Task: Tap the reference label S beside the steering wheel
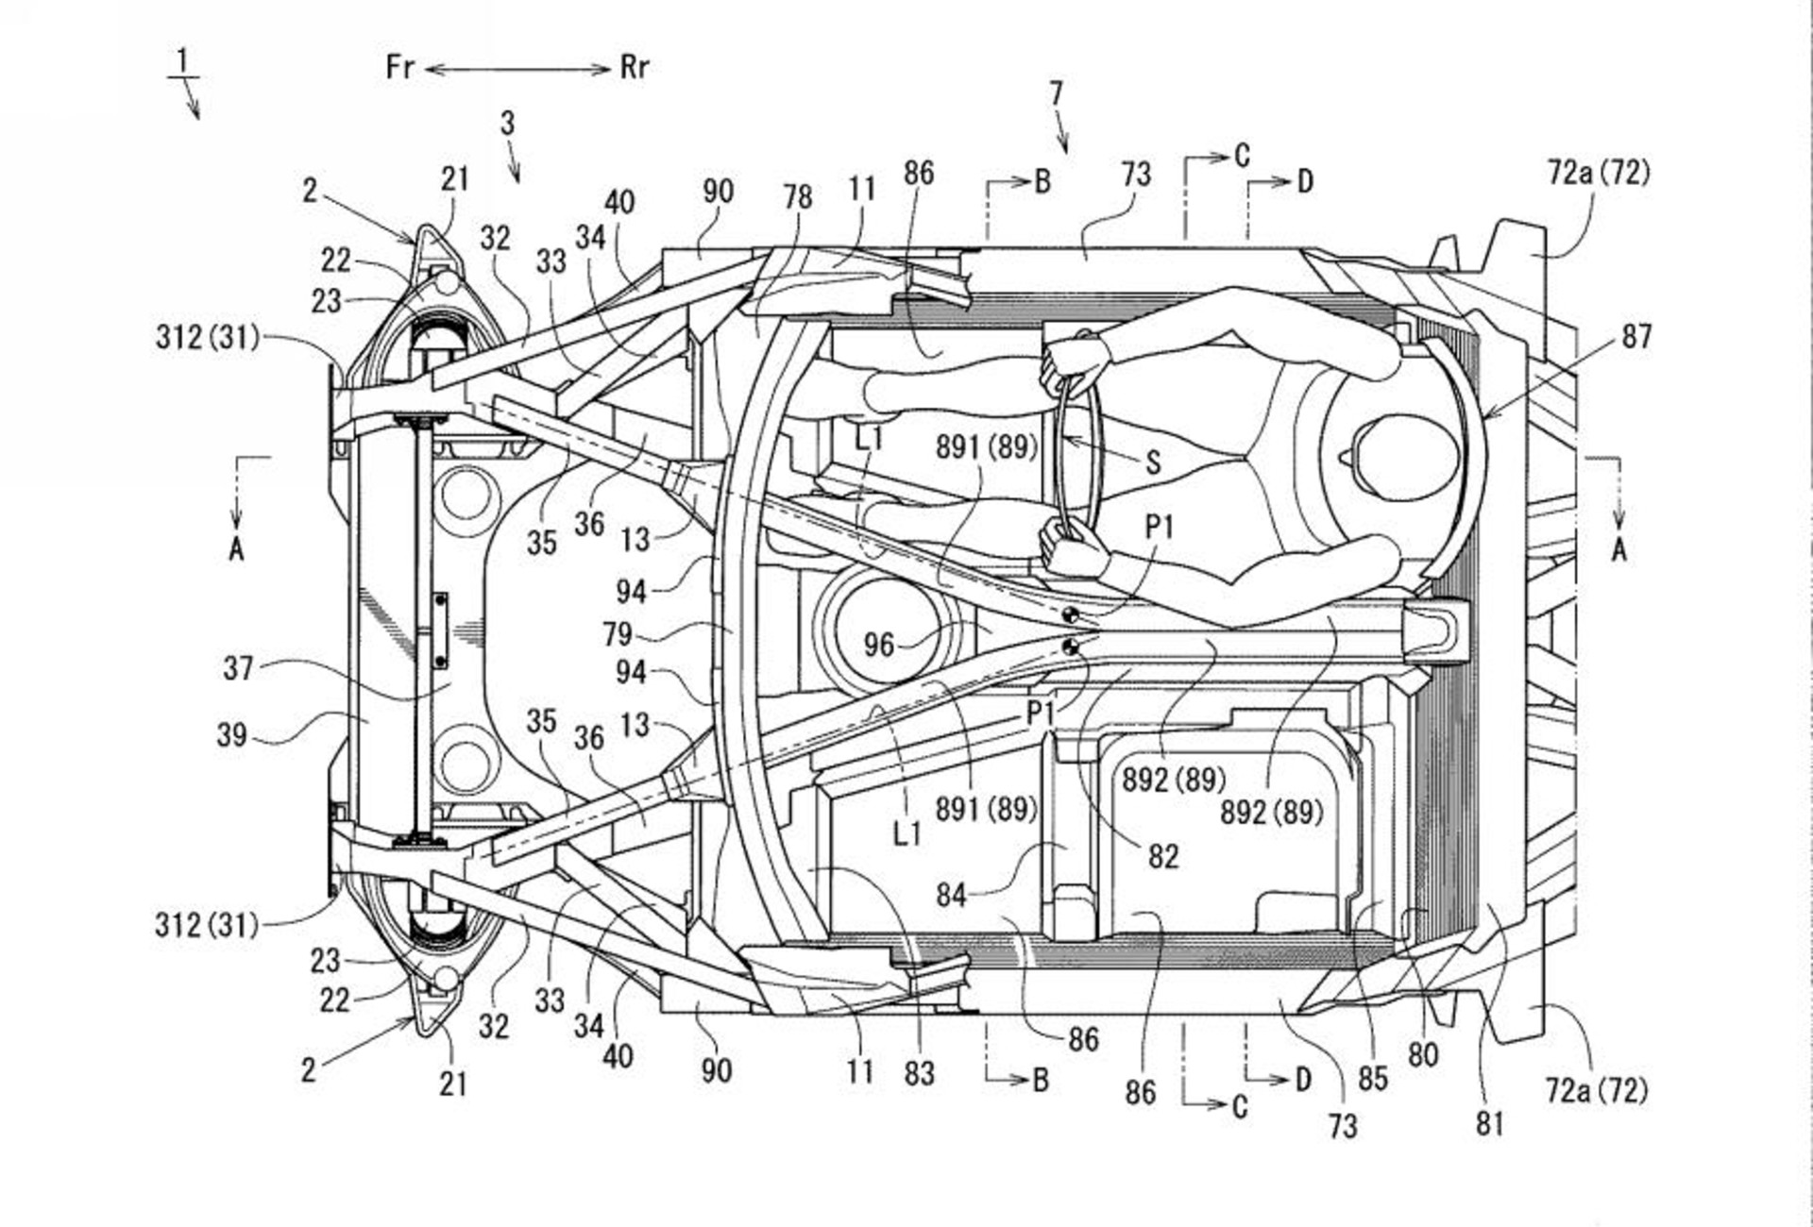[x=1153, y=462]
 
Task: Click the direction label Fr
[x=399, y=67]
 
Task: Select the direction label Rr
[x=635, y=67]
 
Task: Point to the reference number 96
[x=878, y=645]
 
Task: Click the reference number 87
[x=1636, y=337]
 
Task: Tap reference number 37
[x=238, y=668]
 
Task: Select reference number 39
[x=232, y=734]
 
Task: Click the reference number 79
[x=618, y=633]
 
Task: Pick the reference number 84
[x=951, y=894]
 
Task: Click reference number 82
[x=1163, y=856]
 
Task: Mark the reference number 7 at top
[x=1056, y=93]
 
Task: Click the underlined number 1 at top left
[x=182, y=61]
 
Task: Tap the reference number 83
[x=919, y=1073]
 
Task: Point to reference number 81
[x=1489, y=1123]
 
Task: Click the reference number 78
[x=797, y=196]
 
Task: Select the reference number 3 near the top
[x=507, y=123]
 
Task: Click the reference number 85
[x=1372, y=1078]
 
